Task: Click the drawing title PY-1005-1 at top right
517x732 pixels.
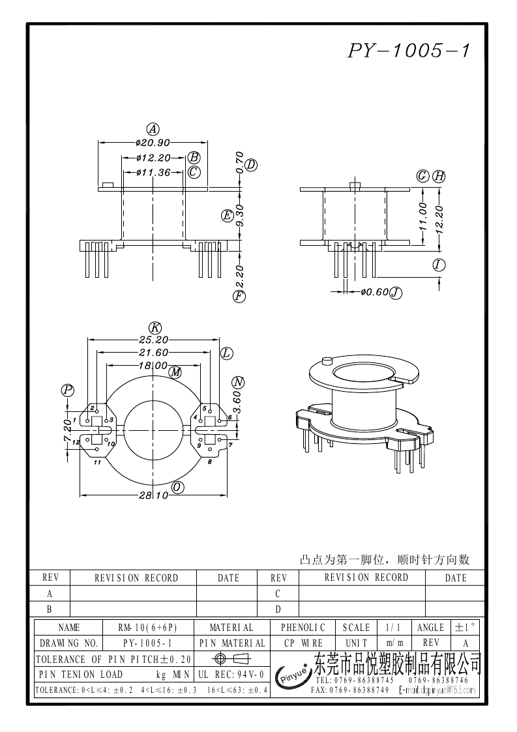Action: coord(408,51)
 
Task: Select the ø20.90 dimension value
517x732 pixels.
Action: coord(153,143)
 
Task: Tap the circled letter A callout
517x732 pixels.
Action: coord(153,128)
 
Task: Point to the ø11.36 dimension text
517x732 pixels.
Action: coord(153,173)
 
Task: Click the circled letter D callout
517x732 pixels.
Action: coord(251,165)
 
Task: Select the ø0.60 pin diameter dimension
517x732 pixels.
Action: coord(374,293)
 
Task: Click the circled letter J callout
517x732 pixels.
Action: coord(395,293)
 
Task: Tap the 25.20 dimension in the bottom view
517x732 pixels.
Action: coord(154,339)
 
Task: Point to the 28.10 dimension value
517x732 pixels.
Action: coord(154,496)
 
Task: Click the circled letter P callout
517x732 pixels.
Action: coord(68,390)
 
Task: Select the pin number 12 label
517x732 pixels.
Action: coord(76,443)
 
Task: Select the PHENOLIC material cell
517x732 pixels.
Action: coord(303,628)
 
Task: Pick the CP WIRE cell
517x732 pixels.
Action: coord(303,643)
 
